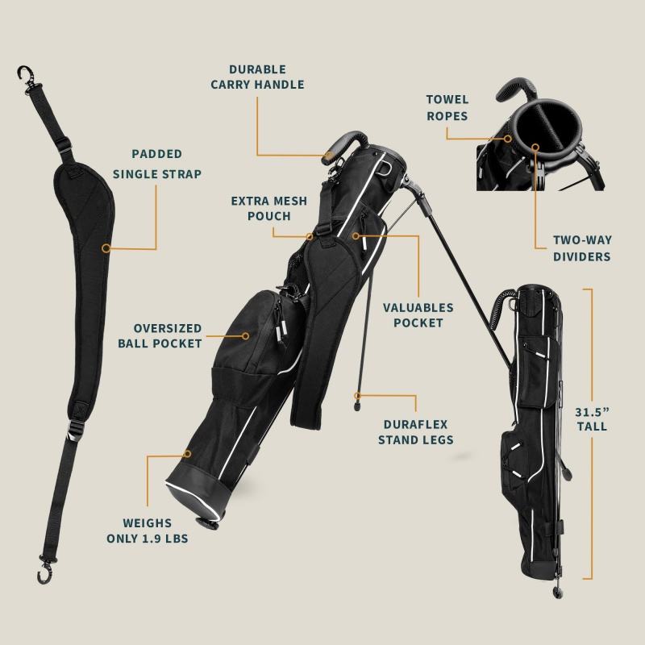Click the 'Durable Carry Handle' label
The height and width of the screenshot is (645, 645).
[257, 77]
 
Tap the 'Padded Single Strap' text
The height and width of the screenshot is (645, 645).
[156, 163]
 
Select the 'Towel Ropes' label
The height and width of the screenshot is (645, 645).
[447, 107]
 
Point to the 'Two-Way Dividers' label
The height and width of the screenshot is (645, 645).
[580, 248]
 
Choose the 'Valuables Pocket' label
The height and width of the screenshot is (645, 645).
[418, 314]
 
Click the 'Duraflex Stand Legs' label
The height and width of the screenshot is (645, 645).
[416, 431]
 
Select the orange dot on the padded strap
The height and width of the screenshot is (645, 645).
[105, 248]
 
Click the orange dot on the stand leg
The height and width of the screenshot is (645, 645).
[356, 396]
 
